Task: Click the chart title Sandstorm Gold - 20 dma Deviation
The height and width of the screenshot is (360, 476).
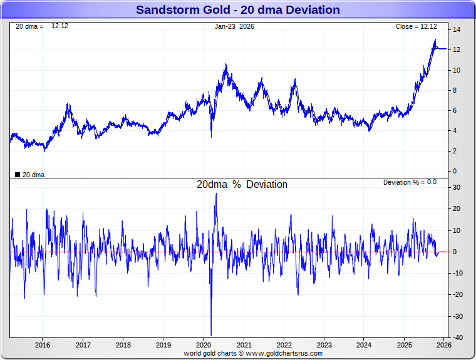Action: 238,10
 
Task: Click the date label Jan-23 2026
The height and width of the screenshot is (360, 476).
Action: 234,26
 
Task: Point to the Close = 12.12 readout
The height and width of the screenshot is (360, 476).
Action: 416,26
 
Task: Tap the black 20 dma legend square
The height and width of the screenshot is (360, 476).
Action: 18,175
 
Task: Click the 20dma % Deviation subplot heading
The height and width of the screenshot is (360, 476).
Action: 242,185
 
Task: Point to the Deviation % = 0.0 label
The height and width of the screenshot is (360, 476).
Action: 410,182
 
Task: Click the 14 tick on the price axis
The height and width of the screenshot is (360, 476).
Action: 457,29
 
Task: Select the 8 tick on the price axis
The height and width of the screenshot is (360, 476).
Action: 455,90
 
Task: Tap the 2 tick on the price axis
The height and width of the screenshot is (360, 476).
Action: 455,151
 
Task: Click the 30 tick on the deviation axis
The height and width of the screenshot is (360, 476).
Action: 457,187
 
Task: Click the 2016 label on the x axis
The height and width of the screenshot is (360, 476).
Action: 43,345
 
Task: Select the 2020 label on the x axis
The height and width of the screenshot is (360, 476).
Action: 204,345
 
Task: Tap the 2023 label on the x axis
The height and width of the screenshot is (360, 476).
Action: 324,345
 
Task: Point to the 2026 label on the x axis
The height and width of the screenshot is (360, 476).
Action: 443,345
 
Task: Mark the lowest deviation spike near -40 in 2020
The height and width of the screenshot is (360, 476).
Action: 211,335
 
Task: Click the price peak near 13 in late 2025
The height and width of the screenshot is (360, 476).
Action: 435,41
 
